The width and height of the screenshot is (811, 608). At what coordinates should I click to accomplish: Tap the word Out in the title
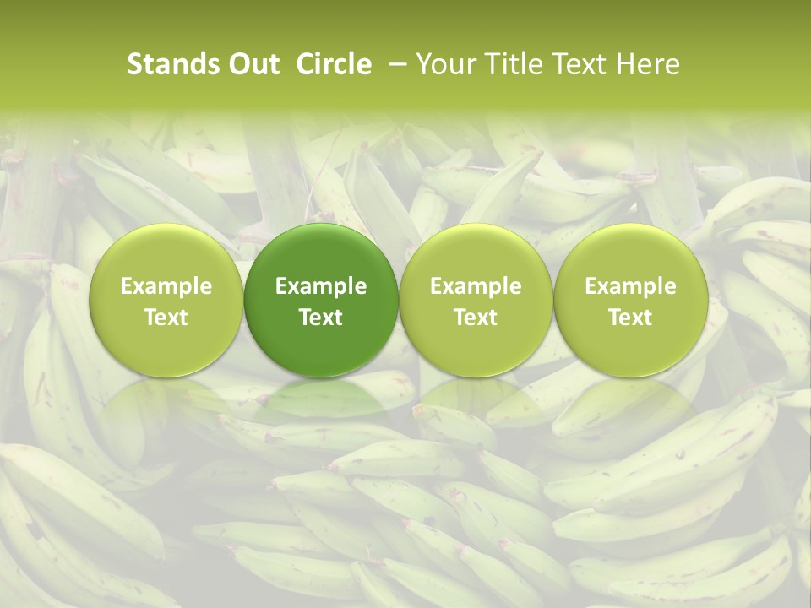pos(252,64)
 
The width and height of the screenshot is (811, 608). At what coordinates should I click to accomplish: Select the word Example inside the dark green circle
pos(321,286)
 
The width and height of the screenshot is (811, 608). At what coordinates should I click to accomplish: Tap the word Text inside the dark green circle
pos(321,318)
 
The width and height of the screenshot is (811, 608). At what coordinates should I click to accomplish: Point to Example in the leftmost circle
pos(166,286)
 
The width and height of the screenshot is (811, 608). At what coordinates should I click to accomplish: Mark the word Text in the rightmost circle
pos(630,318)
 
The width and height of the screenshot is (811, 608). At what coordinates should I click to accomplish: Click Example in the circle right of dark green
pos(476,286)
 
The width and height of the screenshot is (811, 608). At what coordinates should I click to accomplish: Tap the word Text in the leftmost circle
pos(166,318)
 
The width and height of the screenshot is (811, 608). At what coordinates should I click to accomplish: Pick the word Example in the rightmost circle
pos(630,286)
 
